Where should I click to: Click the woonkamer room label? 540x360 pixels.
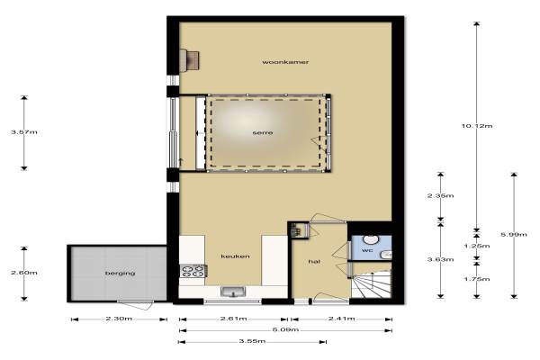point(285,62)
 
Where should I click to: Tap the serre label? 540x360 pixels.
point(263,132)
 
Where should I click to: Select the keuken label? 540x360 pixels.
point(235,256)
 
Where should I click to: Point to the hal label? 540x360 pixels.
point(314,262)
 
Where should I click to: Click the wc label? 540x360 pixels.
point(367,250)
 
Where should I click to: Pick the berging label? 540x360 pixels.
point(120,274)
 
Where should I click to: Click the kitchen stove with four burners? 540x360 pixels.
point(193,271)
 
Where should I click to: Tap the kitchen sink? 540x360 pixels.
point(233,292)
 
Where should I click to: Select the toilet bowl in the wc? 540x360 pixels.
point(371,239)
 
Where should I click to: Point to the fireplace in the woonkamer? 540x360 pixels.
point(190,60)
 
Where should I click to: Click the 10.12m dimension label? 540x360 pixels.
point(477,126)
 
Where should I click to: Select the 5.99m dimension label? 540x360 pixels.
point(514,235)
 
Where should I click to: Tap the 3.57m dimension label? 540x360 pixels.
point(24,132)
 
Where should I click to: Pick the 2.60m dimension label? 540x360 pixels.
point(24,273)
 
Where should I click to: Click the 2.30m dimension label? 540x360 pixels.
point(119,319)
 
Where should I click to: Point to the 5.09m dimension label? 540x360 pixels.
point(285,329)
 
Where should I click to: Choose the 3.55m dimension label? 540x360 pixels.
point(252,341)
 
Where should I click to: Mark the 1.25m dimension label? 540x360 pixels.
point(477,246)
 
